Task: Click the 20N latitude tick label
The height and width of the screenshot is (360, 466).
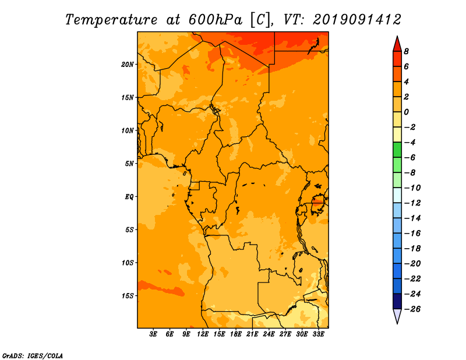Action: click(127, 65)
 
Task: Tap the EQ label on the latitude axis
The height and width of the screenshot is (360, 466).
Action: click(129, 197)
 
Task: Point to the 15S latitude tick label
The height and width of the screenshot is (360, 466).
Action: click(128, 296)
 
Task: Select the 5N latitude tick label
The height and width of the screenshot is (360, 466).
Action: click(129, 164)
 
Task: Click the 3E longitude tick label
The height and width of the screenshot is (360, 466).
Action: click(153, 334)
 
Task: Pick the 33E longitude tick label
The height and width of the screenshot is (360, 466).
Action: click(318, 334)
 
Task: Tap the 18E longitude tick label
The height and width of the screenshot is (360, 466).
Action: click(236, 334)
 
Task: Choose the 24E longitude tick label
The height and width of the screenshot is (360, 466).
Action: click(269, 334)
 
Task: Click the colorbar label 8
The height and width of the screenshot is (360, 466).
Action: click(406, 51)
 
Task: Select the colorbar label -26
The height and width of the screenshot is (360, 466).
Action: click(412, 309)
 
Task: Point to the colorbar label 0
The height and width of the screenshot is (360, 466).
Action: click(406, 112)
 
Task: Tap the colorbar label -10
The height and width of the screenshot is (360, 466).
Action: click(412, 188)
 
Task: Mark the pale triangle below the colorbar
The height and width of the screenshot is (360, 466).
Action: click(397, 315)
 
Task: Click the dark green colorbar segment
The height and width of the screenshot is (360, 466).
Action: click(397, 150)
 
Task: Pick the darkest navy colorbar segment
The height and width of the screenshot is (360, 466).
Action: click(397, 301)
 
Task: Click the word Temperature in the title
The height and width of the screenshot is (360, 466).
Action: click(111, 20)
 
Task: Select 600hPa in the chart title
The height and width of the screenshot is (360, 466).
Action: click(215, 20)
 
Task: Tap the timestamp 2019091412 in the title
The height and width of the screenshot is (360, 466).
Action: click(357, 20)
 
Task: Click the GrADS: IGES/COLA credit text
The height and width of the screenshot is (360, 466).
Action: click(33, 356)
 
